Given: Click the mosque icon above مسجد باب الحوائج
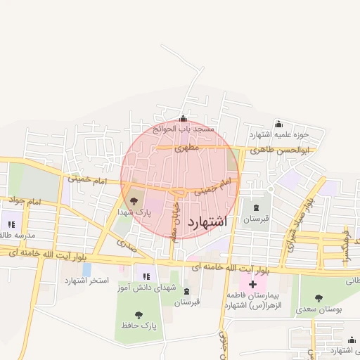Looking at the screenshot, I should [x=184, y=119].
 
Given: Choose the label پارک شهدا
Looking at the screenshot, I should [x=134, y=212].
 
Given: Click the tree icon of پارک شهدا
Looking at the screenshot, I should [x=134, y=201].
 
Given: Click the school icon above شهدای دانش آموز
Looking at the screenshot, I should [x=146, y=276].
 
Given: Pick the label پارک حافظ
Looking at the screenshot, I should [x=141, y=326].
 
